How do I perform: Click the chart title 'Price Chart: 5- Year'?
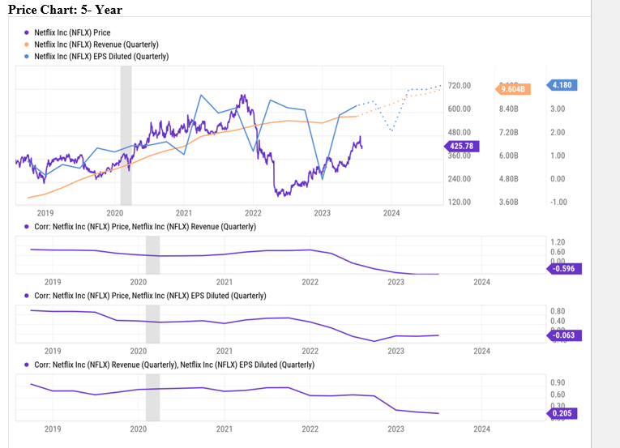[x=65, y=9]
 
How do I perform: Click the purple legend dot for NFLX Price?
[x=26, y=32]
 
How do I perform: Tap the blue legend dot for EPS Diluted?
[x=26, y=56]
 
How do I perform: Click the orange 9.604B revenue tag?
[x=513, y=89]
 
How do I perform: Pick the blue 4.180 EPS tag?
[x=562, y=85]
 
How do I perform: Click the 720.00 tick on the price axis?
[x=460, y=86]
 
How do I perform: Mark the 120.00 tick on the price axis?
[x=460, y=202]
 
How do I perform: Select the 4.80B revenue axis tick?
[x=508, y=179]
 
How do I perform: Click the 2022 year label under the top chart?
[x=252, y=213]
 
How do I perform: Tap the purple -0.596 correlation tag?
[x=563, y=268]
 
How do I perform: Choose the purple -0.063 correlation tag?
[x=563, y=335]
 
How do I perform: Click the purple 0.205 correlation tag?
[x=562, y=413]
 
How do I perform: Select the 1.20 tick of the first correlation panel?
[x=557, y=242]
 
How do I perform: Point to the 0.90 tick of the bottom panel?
[x=557, y=382]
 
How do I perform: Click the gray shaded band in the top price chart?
[x=126, y=134]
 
